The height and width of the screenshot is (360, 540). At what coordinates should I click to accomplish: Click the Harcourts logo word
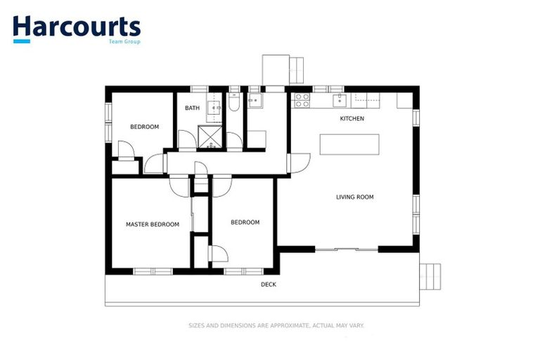[x=76, y=26]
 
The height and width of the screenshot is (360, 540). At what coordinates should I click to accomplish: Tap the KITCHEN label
[x=352, y=119]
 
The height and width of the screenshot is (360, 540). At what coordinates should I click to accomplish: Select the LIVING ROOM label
[x=354, y=197]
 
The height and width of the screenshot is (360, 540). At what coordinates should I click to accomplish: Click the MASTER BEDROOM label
[x=152, y=224]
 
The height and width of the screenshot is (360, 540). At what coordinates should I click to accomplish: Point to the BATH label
[x=192, y=108]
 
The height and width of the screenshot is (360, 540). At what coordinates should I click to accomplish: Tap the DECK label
[x=268, y=284]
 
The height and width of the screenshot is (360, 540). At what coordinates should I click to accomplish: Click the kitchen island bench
[x=349, y=144]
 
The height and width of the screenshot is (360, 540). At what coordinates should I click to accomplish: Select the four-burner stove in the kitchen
[x=302, y=100]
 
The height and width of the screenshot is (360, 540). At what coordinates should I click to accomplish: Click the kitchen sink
[x=340, y=98]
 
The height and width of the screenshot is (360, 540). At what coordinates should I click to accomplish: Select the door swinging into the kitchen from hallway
[x=299, y=162]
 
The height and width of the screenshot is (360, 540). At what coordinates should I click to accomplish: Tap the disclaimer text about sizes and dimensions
[x=276, y=326]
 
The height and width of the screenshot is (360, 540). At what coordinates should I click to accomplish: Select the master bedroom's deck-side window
[x=153, y=271]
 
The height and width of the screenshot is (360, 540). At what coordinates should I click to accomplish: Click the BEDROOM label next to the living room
[x=245, y=222]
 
